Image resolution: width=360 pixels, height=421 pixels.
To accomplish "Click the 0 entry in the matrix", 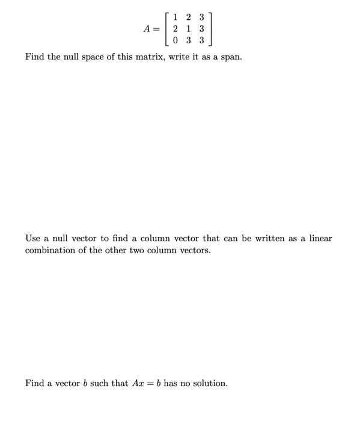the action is pyautogui.click(x=174, y=41).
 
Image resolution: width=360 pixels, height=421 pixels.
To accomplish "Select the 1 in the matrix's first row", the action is pyautogui.click(x=174, y=17).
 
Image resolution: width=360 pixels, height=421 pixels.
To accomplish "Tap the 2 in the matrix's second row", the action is pyautogui.click(x=174, y=29).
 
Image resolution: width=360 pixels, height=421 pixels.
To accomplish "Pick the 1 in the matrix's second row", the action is pyautogui.click(x=188, y=29).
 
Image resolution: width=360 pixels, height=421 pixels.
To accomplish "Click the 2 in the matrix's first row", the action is pyautogui.click(x=188, y=17).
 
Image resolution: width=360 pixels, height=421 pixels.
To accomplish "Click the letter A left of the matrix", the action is pyautogui.click(x=147, y=29).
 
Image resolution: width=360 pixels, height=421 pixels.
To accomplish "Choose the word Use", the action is pyautogui.click(x=34, y=238).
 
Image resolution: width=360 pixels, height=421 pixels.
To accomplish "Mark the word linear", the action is pyautogui.click(x=319, y=238).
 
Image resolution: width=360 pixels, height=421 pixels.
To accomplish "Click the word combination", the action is pyautogui.click(x=49, y=250).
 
